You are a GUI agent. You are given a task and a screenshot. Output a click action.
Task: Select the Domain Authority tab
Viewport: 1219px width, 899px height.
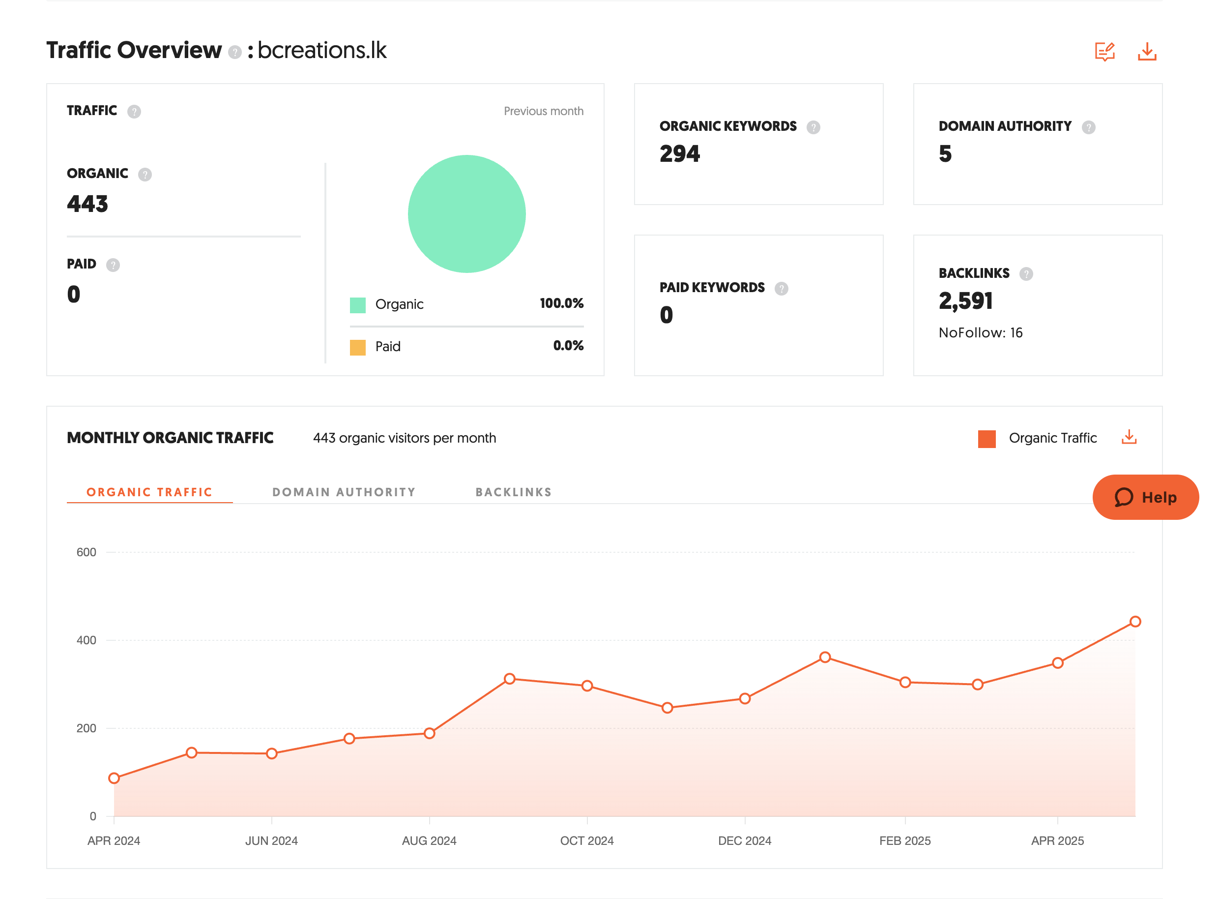[344, 492]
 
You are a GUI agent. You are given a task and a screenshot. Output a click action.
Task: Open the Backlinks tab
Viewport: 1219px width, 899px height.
[514, 492]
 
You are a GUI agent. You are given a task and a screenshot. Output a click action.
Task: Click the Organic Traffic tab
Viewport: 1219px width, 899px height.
[149, 492]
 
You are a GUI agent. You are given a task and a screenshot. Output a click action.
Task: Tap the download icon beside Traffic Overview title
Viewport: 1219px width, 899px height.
[1147, 52]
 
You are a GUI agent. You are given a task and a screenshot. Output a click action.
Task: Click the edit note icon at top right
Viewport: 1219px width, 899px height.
[1104, 52]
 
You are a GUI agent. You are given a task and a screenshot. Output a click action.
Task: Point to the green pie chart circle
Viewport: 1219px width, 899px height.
[467, 214]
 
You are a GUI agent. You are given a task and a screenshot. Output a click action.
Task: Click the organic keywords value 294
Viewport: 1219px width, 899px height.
[679, 154]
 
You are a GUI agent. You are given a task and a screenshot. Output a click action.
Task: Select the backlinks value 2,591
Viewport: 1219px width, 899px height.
[965, 301]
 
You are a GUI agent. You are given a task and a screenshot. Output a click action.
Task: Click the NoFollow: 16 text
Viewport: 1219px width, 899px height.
[980, 332]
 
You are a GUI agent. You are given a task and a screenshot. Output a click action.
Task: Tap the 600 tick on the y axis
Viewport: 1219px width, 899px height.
[86, 552]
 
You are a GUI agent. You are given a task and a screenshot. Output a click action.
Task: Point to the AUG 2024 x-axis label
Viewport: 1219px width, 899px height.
[429, 841]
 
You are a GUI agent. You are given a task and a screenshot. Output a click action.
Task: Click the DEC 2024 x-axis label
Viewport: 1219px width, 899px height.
[744, 841]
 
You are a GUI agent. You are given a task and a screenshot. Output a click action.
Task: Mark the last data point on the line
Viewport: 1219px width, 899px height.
[1134, 622]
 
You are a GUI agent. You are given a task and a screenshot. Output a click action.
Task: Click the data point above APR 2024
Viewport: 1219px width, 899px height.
[114, 778]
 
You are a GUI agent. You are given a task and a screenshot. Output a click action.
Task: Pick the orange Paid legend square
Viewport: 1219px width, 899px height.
[357, 347]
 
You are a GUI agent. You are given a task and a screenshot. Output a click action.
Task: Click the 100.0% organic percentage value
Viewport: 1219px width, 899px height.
[561, 303]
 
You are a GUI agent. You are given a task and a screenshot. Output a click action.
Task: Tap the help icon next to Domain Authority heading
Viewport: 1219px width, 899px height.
[1088, 127]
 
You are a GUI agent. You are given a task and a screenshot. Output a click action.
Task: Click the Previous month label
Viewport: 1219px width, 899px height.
[543, 111]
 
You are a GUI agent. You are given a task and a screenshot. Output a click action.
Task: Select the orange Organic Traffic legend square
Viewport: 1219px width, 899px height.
[986, 439]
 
